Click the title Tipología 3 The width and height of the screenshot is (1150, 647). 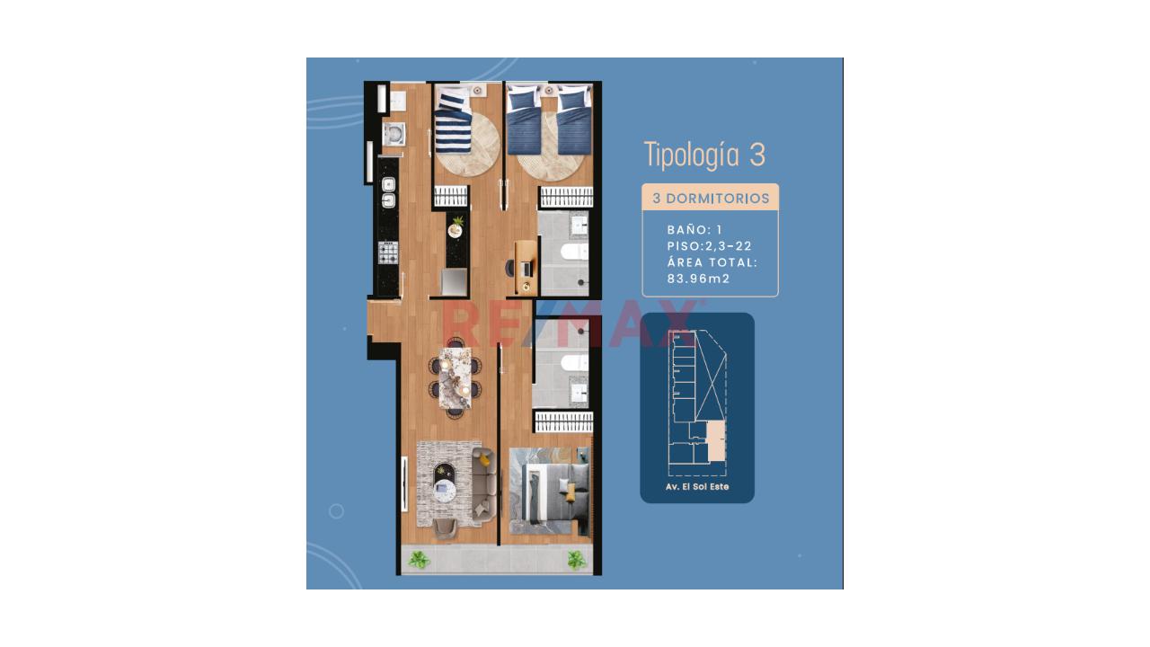[704, 155]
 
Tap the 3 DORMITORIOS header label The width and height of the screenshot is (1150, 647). [711, 199]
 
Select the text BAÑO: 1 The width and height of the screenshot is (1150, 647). [694, 229]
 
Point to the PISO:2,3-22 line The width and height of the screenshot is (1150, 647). [710, 246]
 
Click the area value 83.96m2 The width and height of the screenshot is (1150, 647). [698, 279]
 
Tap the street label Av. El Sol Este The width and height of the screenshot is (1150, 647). [696, 486]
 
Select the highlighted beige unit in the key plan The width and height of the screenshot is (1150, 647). [717, 441]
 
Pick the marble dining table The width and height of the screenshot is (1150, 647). [455, 378]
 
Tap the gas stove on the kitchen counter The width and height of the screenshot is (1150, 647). [388, 253]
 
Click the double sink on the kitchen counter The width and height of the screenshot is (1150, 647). [389, 191]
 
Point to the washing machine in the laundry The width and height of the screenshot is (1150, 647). [394, 135]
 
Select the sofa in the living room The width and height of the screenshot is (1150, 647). [483, 484]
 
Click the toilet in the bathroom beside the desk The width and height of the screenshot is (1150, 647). [574, 252]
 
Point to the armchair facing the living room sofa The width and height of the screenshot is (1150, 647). [445, 527]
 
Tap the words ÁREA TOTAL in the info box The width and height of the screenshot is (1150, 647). [712, 262]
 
